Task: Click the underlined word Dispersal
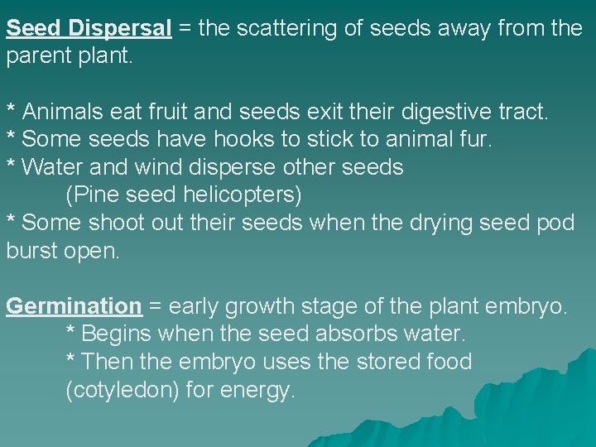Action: [121, 29]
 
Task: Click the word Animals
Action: [63, 112]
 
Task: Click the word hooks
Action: [249, 140]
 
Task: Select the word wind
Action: [151, 167]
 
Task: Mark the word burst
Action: [31, 251]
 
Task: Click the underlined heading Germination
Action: [74, 306]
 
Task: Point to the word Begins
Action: [119, 334]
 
